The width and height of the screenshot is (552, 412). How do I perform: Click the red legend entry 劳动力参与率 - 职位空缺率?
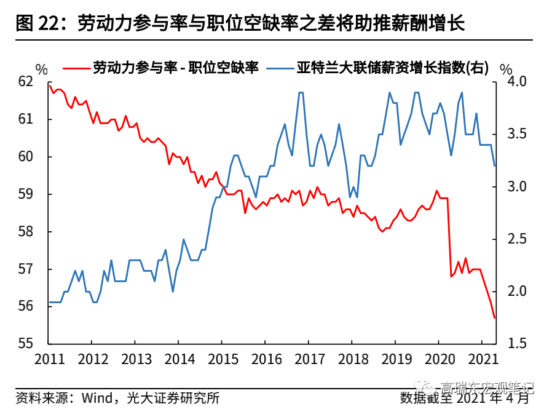[x=175, y=68]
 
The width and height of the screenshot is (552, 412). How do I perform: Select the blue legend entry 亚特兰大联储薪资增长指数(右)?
[x=381, y=68]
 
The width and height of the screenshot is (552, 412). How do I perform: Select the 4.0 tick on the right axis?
[x=514, y=81]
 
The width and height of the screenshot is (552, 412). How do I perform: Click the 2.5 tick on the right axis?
[x=514, y=239]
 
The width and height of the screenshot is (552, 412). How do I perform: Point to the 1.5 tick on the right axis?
[x=514, y=344]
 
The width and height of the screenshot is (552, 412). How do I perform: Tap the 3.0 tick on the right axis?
[x=514, y=186]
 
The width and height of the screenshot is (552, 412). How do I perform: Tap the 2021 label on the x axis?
[x=481, y=359]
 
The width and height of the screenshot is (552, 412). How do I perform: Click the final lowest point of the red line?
[x=494, y=318]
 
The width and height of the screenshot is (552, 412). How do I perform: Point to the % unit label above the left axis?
[x=41, y=69]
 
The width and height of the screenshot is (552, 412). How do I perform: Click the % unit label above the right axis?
[x=506, y=69]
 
